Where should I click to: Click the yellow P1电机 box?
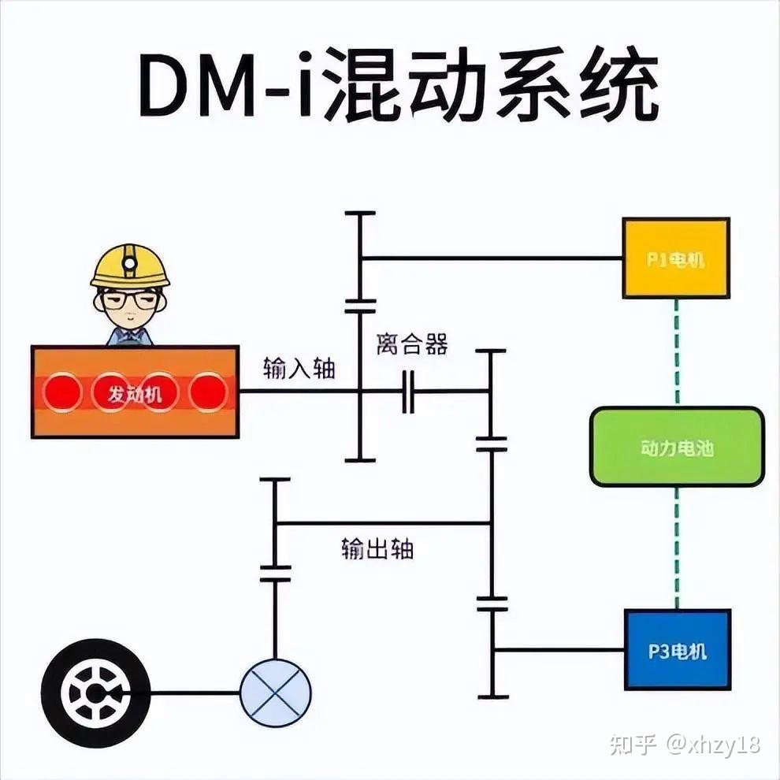[676, 258]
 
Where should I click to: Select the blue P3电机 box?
[678, 650]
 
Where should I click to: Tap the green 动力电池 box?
[677, 447]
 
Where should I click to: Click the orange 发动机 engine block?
[135, 392]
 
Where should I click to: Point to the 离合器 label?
[412, 344]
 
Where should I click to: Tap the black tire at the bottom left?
[95, 693]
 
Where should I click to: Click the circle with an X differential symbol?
[275, 693]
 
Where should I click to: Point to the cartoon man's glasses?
[129, 299]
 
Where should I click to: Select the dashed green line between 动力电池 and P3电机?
[676, 548]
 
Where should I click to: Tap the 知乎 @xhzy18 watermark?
[685, 744]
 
